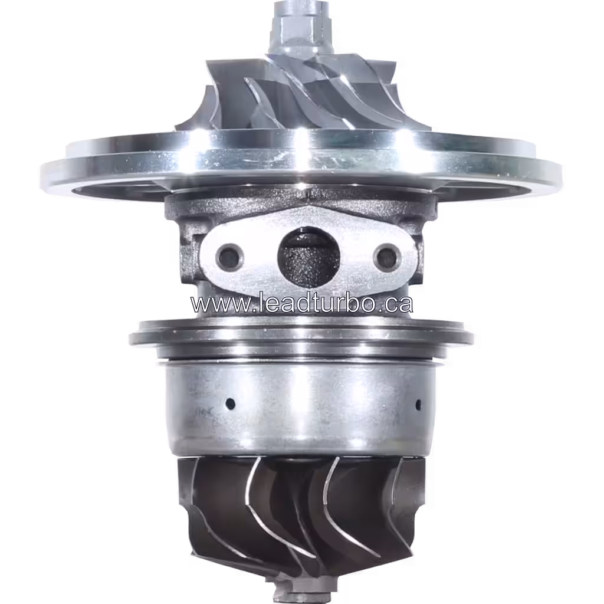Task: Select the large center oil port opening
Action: [x=308, y=257]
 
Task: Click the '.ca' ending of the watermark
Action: [x=395, y=304]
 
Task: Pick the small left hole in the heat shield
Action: [x=230, y=404]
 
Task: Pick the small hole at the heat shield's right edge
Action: [x=418, y=405]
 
